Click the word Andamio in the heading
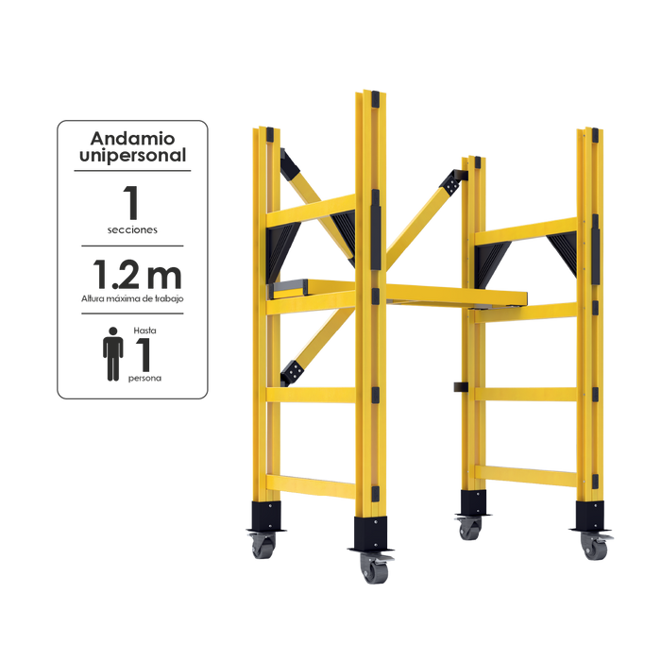(132, 138)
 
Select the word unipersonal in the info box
(132, 156)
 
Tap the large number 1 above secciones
(131, 203)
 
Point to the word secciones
(132, 230)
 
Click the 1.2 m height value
(137, 275)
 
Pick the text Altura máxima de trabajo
(132, 299)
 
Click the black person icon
(113, 354)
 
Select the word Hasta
(144, 330)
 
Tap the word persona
(144, 379)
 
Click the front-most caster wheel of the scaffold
(374, 568)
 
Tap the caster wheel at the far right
(594, 547)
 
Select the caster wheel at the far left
(262, 546)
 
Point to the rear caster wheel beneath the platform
(468, 529)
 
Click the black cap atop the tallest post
(375, 99)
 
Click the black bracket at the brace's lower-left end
(293, 373)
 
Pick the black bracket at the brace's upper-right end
(453, 181)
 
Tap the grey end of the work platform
(287, 289)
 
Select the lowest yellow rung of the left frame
(311, 486)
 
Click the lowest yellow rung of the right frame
(526, 475)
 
